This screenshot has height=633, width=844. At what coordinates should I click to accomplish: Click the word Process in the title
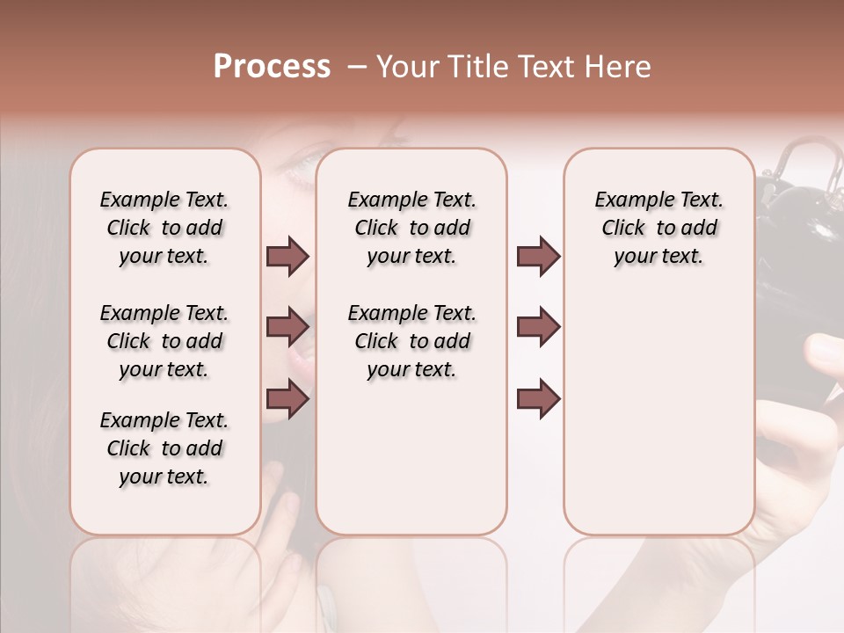pyautogui.click(x=272, y=67)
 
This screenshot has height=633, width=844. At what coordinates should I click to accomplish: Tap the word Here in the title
pyautogui.click(x=620, y=67)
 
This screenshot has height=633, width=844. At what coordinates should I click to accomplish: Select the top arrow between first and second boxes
pyautogui.click(x=287, y=256)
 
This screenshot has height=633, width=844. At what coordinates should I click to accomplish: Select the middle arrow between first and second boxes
pyautogui.click(x=287, y=327)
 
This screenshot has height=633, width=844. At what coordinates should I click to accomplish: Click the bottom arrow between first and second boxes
pyautogui.click(x=287, y=399)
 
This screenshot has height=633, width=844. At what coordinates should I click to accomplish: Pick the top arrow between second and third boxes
pyautogui.click(x=538, y=256)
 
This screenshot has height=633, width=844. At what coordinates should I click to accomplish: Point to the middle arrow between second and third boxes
pyautogui.click(x=538, y=327)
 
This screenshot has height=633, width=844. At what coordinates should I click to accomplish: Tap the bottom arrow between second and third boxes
pyautogui.click(x=538, y=399)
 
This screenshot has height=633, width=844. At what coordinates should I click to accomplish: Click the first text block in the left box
pyautogui.click(x=164, y=228)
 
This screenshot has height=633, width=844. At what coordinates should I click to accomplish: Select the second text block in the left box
pyautogui.click(x=164, y=341)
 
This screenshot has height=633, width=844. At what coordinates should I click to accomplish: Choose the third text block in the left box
pyautogui.click(x=164, y=448)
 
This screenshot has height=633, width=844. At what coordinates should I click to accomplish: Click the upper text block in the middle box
pyautogui.click(x=411, y=228)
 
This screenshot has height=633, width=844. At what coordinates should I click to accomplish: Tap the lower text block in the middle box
pyautogui.click(x=411, y=341)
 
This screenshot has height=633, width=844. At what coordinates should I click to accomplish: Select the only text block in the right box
pyautogui.click(x=658, y=228)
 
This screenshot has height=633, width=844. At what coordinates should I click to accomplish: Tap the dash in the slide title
pyautogui.click(x=356, y=67)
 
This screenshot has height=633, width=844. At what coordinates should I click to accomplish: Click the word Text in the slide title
pyautogui.click(x=541, y=67)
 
